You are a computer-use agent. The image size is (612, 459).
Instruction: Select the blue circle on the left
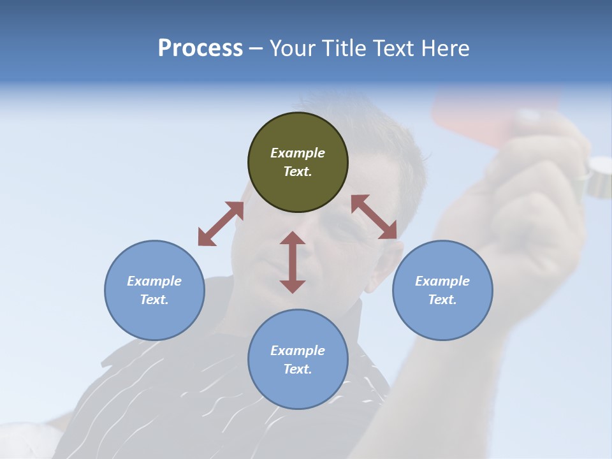154,290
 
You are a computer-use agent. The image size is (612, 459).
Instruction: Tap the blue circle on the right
442,290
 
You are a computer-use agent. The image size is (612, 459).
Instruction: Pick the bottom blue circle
298,360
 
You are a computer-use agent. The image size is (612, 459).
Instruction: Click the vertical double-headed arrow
293,262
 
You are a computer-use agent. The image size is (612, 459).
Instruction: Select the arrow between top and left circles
221,224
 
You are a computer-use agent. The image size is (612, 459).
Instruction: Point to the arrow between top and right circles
374,217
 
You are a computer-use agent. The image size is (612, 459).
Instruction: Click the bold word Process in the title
200,48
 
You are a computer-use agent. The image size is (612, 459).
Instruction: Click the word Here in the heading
446,48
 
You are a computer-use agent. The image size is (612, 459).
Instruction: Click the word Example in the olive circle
298,153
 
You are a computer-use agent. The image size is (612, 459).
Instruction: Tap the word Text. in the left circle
154,300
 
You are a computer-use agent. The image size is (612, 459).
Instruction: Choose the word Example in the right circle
442,281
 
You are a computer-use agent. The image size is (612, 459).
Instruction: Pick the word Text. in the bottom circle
298,369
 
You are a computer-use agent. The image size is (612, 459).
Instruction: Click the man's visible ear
378,268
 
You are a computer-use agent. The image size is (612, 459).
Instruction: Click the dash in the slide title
256,48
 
